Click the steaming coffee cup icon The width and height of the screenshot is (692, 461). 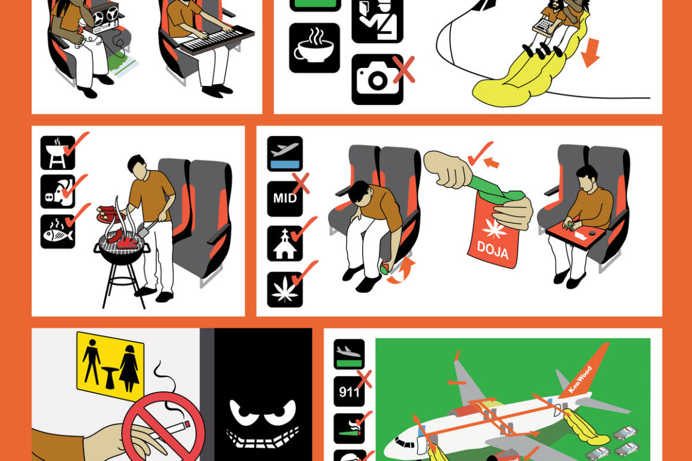pos(314,48)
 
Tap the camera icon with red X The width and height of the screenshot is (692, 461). pos(378,79)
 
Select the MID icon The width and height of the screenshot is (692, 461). pos(285,198)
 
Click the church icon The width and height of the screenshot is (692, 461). pos(285,244)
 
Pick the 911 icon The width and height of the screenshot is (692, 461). pos(349,391)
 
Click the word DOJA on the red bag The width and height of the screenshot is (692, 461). pos(493,250)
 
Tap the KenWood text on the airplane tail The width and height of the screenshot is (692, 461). pos(580,379)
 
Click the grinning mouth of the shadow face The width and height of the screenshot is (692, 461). pos(263,435)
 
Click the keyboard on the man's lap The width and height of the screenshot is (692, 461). pos(215,39)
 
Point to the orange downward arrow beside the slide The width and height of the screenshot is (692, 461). pos(590,52)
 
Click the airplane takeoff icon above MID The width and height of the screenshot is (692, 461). pos(285,153)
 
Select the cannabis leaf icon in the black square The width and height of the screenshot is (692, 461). pos(285,289)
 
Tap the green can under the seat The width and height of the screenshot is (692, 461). pos(385,268)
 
